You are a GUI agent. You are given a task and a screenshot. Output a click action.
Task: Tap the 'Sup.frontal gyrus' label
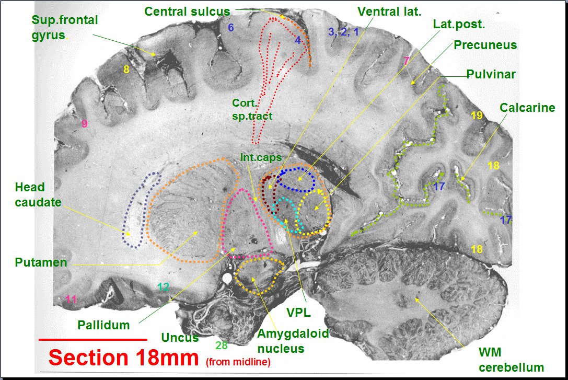point(65,28)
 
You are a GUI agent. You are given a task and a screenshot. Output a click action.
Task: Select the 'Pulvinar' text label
point(491,74)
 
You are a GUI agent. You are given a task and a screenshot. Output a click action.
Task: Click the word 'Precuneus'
point(485,45)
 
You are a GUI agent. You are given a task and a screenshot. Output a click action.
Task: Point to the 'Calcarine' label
point(527,108)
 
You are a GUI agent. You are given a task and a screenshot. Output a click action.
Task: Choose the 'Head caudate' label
point(37,194)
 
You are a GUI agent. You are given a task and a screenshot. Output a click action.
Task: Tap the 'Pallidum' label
point(103,325)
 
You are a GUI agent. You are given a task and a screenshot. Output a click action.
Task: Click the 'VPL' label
point(298,313)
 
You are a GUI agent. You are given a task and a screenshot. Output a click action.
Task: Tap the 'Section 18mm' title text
point(124,358)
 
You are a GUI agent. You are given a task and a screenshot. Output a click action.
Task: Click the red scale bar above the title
point(93,339)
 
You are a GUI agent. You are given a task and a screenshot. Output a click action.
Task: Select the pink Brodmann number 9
point(84,124)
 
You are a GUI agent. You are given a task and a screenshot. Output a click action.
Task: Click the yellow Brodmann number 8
point(126,69)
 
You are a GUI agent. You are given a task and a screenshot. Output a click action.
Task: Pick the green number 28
point(222,345)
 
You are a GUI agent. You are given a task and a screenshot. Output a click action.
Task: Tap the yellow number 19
point(477,116)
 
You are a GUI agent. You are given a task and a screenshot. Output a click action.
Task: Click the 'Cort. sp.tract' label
point(252,110)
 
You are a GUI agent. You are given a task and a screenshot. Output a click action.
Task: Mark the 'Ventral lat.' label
point(389,11)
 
